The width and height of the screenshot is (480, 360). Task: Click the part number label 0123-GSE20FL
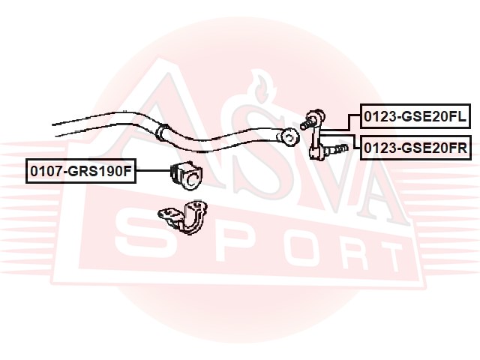pyautogui.click(x=415, y=116)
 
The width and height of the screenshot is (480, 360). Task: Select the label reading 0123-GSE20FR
pyautogui.click(x=415, y=148)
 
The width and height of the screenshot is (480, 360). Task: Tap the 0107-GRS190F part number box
pyautogui.click(x=81, y=171)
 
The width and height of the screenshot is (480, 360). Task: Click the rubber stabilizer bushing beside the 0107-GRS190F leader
pyautogui.click(x=186, y=175)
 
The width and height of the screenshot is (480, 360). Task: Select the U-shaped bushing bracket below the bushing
pyautogui.click(x=183, y=217)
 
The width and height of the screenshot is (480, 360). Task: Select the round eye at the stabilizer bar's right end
pyautogui.click(x=290, y=137)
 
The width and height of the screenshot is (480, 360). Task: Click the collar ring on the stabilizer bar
pyautogui.click(x=162, y=132)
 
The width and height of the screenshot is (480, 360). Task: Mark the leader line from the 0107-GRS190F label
pyautogui.click(x=153, y=171)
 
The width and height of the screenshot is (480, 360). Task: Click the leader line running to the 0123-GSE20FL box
pyautogui.click(x=340, y=123)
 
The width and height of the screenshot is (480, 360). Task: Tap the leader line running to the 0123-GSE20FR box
pyautogui.click(x=340, y=140)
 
